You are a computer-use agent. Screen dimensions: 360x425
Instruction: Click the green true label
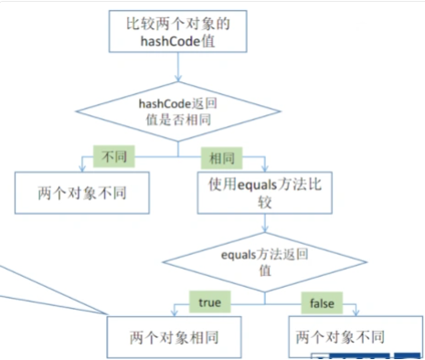click(206, 300)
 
